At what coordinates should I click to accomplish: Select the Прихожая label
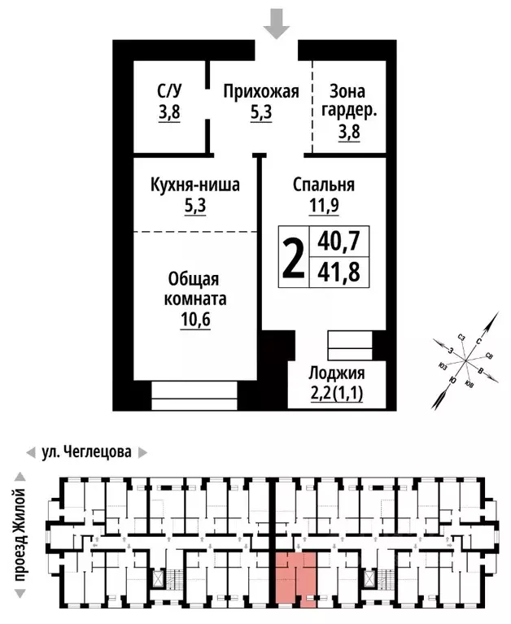pyautogui.click(x=261, y=91)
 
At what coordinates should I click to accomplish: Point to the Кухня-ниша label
pyautogui.click(x=195, y=185)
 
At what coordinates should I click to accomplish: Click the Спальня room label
pyautogui.click(x=324, y=185)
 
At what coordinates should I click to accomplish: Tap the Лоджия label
pyautogui.click(x=336, y=374)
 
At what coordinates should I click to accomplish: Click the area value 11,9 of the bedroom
pyautogui.click(x=324, y=206)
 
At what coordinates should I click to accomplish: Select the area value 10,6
pyautogui.click(x=195, y=319)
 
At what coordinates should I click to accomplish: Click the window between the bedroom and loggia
pyautogui.click(x=348, y=344)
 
